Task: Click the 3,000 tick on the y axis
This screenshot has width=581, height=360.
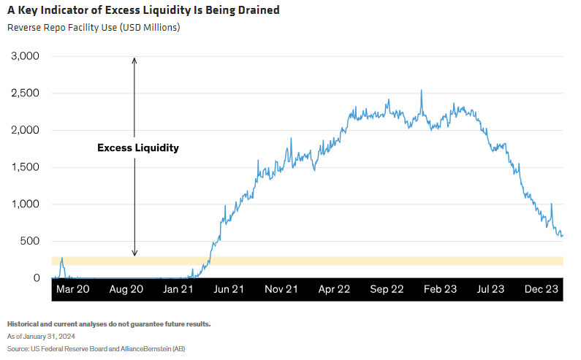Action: point(25,56)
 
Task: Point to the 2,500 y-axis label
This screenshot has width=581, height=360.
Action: point(25,93)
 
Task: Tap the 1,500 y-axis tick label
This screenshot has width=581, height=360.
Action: point(25,167)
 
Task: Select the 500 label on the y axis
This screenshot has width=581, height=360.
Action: point(30,241)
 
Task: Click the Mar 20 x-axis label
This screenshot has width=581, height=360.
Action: point(73,289)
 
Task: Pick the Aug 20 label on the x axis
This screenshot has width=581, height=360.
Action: point(126,289)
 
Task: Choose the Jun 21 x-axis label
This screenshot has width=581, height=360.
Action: point(229,289)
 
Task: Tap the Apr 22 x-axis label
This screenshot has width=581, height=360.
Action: point(334,289)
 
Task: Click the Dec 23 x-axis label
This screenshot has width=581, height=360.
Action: point(542,289)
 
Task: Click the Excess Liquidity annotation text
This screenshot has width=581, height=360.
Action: point(138,148)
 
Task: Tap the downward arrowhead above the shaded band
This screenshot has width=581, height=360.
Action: point(134,253)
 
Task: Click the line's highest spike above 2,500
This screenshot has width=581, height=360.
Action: point(421,91)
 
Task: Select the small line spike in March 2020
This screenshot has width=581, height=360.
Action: point(62,258)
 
